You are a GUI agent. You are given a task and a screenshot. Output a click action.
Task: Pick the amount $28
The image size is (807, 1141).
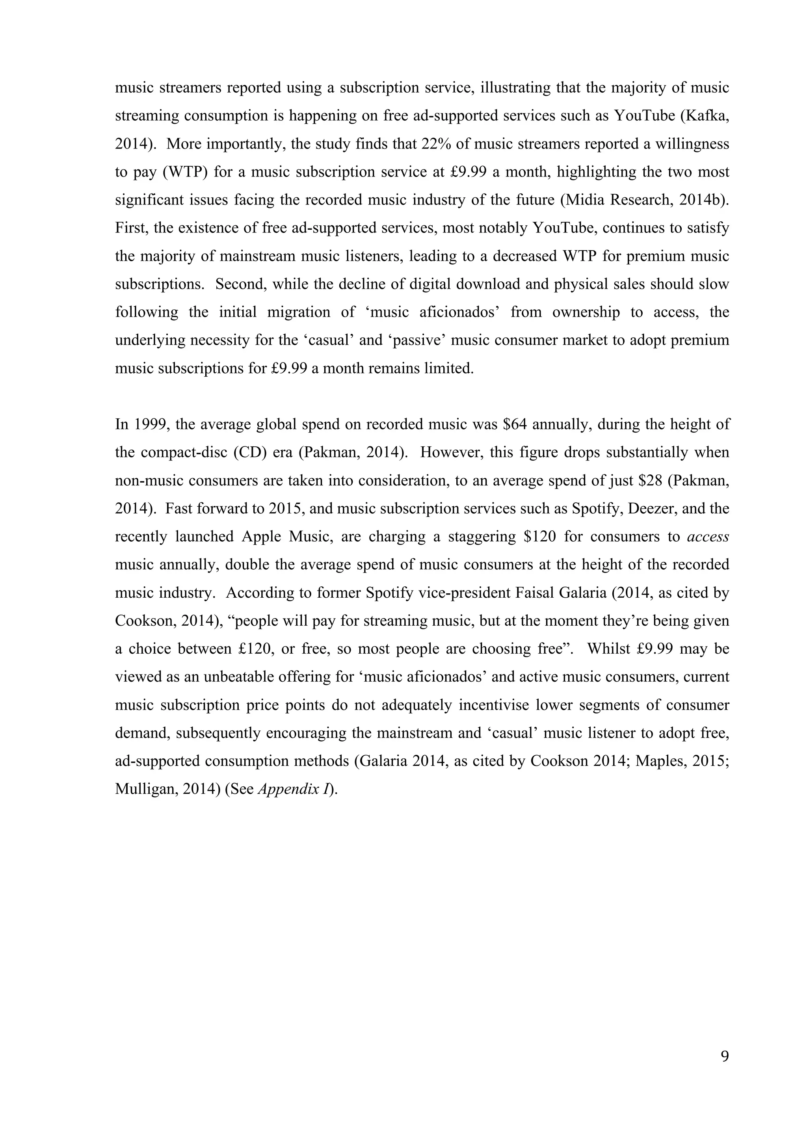(645, 481)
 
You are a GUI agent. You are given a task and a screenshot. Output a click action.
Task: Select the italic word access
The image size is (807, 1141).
(708, 537)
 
